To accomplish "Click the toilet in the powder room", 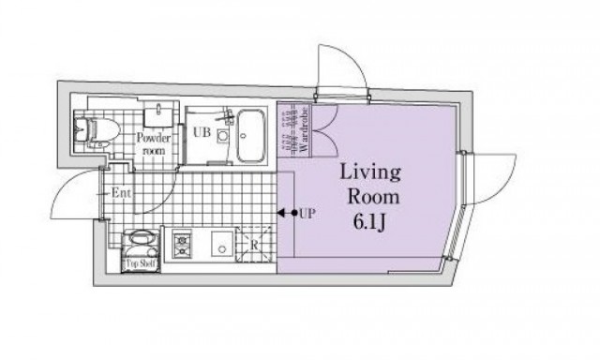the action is click(x=96, y=131).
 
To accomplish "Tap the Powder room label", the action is click(x=154, y=143).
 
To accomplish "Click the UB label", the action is click(x=202, y=132).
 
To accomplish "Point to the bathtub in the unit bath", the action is click(x=251, y=136).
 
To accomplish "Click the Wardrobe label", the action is click(x=305, y=130).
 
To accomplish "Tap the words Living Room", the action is click(x=370, y=185).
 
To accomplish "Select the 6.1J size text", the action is click(x=368, y=222).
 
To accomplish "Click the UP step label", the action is click(x=307, y=214).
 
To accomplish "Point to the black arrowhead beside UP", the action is click(x=281, y=213).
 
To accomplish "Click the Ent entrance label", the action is click(x=121, y=193).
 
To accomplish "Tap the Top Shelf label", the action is click(x=141, y=263).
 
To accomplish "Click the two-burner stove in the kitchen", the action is click(x=181, y=244).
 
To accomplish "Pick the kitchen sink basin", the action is click(x=222, y=244).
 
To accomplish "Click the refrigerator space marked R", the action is click(x=254, y=245).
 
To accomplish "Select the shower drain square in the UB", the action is click(x=222, y=136).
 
